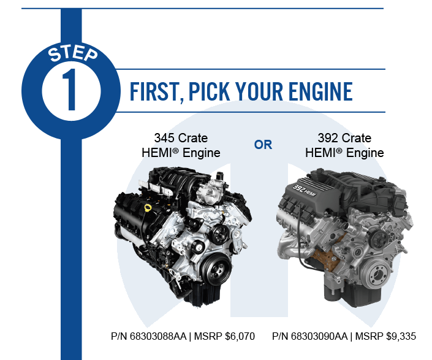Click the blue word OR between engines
click(x=263, y=145)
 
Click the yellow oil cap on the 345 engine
click(x=147, y=208)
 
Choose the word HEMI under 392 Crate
click(x=320, y=153)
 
